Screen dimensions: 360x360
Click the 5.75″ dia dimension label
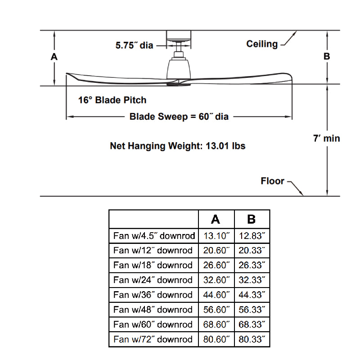coord(134,45)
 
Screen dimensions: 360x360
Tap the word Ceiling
coord(262,44)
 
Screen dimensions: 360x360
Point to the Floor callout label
coord(272,181)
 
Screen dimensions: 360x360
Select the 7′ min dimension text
coord(326,138)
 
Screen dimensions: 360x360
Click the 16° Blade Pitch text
coord(112,100)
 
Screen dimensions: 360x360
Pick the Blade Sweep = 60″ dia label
coord(179,117)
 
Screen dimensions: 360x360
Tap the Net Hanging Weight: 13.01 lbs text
coord(178,146)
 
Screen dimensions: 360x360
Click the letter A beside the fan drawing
coord(54,57)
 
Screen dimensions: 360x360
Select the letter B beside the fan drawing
coord(327,57)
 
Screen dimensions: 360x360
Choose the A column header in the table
coord(216,219)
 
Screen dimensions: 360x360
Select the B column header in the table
coord(252,219)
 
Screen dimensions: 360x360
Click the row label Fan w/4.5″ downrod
coord(154,235)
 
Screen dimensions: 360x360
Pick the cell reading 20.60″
coord(216,250)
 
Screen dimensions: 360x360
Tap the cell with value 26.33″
coord(252,265)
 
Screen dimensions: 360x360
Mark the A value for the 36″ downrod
coord(216,295)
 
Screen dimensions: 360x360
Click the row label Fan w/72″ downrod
coord(153,339)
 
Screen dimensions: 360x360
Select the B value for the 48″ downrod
coord(252,310)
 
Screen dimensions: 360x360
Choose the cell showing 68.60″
coord(216,324)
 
